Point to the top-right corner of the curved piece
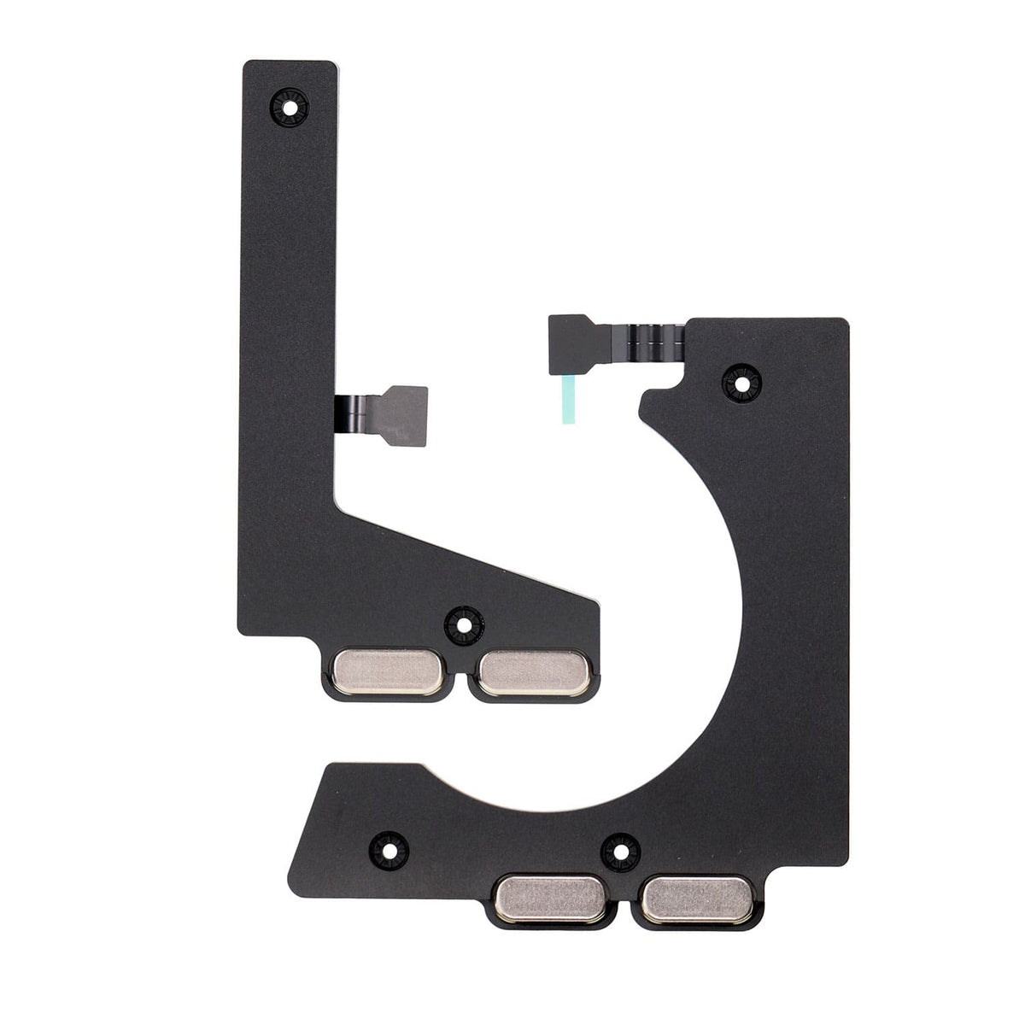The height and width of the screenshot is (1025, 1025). [845, 323]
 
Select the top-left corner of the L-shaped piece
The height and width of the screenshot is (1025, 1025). [249, 65]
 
